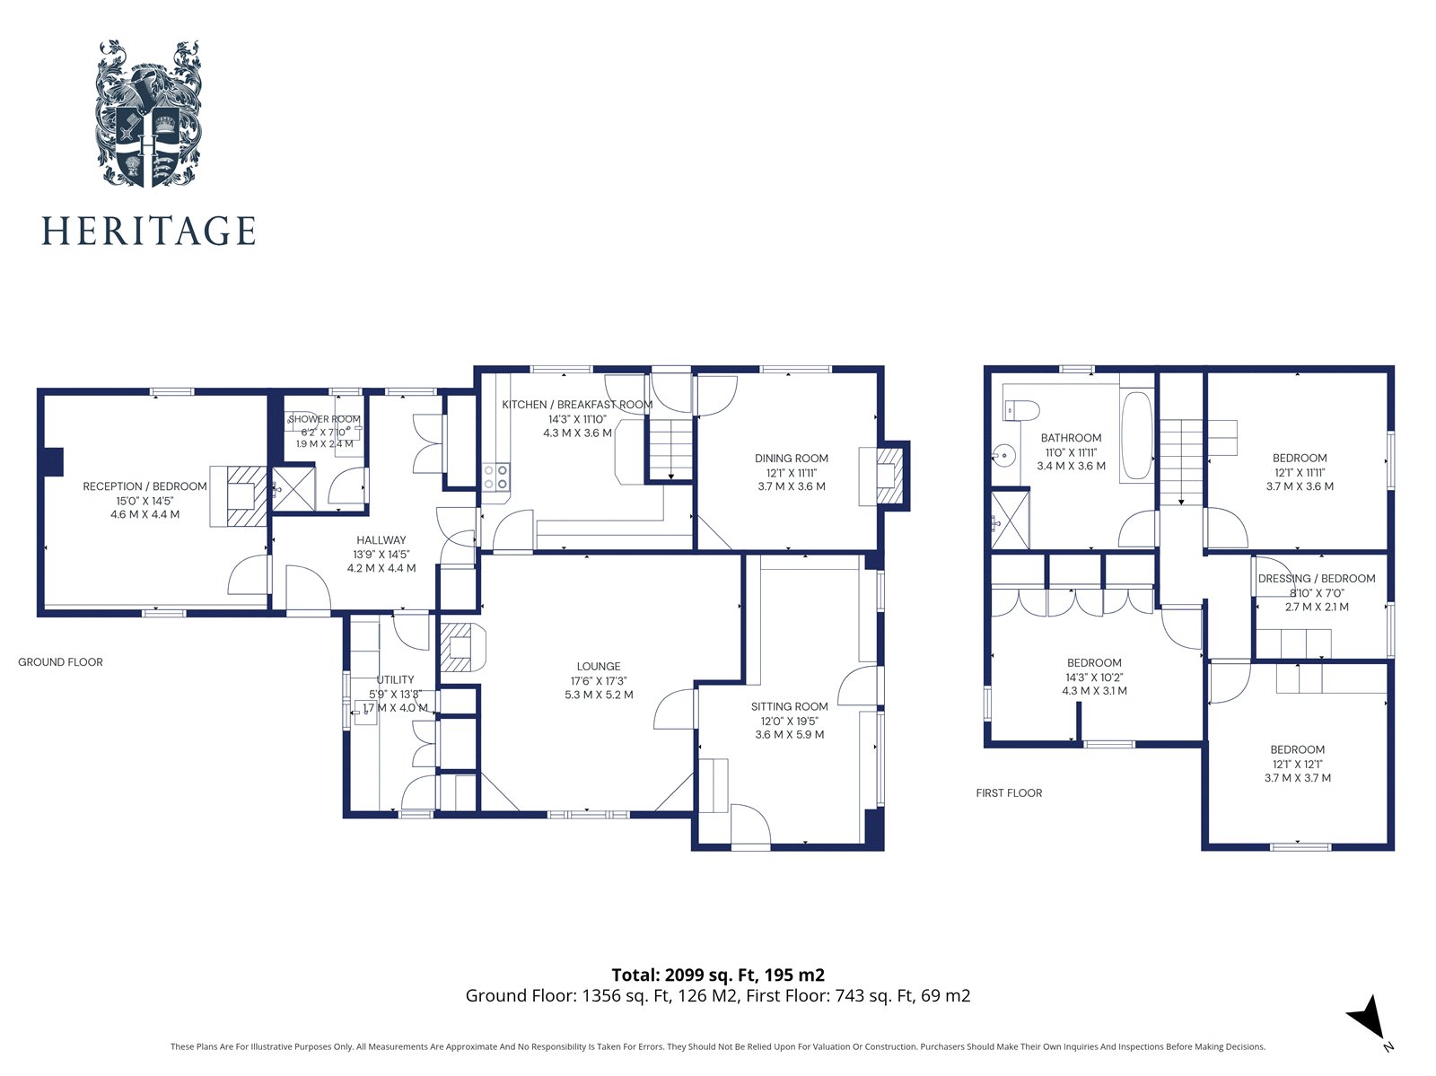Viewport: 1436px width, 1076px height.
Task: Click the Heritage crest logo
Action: click(148, 114)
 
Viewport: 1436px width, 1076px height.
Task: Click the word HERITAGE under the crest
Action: click(148, 231)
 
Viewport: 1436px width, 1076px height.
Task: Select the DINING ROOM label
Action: click(791, 459)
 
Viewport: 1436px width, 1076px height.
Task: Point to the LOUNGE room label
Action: click(599, 666)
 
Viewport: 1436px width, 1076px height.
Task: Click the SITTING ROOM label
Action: click(789, 706)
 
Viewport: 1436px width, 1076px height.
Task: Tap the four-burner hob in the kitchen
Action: click(496, 477)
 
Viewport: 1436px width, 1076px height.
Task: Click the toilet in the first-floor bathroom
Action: click(1021, 410)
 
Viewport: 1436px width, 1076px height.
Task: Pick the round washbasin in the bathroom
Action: click(1004, 455)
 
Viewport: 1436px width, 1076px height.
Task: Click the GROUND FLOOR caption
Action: click(60, 662)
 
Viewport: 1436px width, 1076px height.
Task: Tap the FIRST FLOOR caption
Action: click(1009, 792)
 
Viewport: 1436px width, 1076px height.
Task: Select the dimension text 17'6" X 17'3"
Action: click(599, 681)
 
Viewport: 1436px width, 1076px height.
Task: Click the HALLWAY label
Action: click(381, 540)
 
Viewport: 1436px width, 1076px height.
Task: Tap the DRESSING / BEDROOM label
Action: click(1317, 578)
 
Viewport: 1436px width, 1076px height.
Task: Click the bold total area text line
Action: click(718, 975)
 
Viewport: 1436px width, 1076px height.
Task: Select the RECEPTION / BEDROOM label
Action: click(144, 486)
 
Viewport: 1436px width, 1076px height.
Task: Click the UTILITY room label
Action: click(395, 679)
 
